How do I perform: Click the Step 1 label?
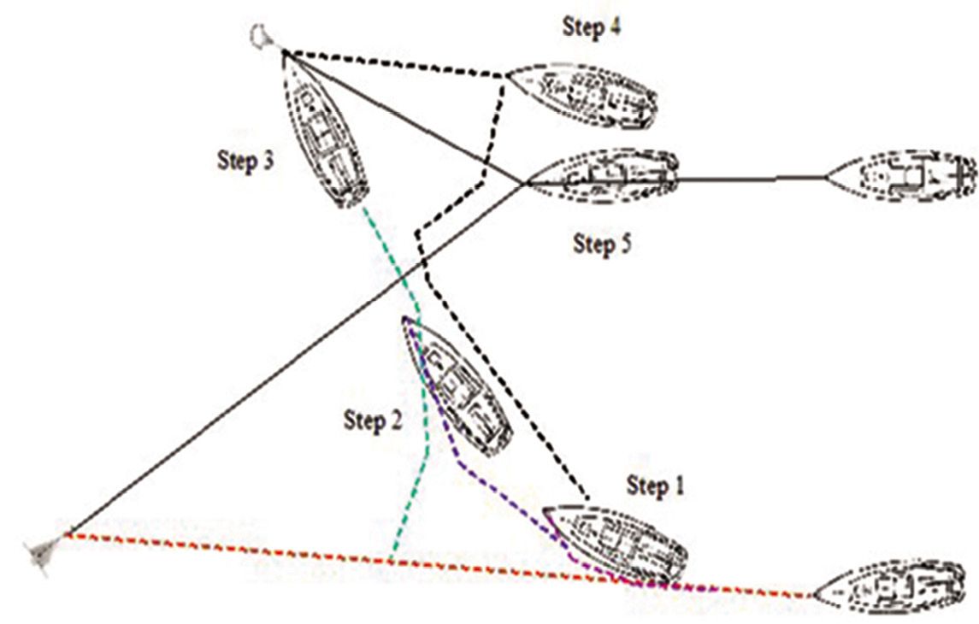point(656,487)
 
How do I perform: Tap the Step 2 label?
point(372,421)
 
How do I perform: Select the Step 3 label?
point(245,162)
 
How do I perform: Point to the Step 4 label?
point(591,26)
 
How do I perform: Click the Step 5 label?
point(602,244)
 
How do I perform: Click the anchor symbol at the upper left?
point(262,36)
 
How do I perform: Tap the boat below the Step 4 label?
point(585,94)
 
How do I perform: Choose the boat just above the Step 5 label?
point(603,177)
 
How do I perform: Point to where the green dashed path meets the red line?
point(389,562)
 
